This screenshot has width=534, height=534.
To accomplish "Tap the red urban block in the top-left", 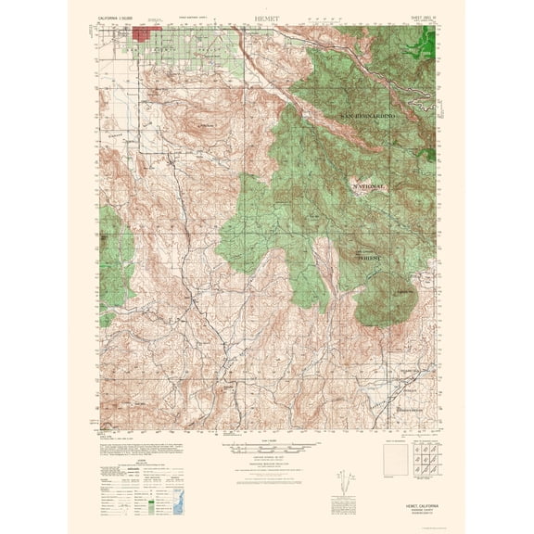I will (146, 33).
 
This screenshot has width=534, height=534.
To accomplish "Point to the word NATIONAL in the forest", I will (367, 186).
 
